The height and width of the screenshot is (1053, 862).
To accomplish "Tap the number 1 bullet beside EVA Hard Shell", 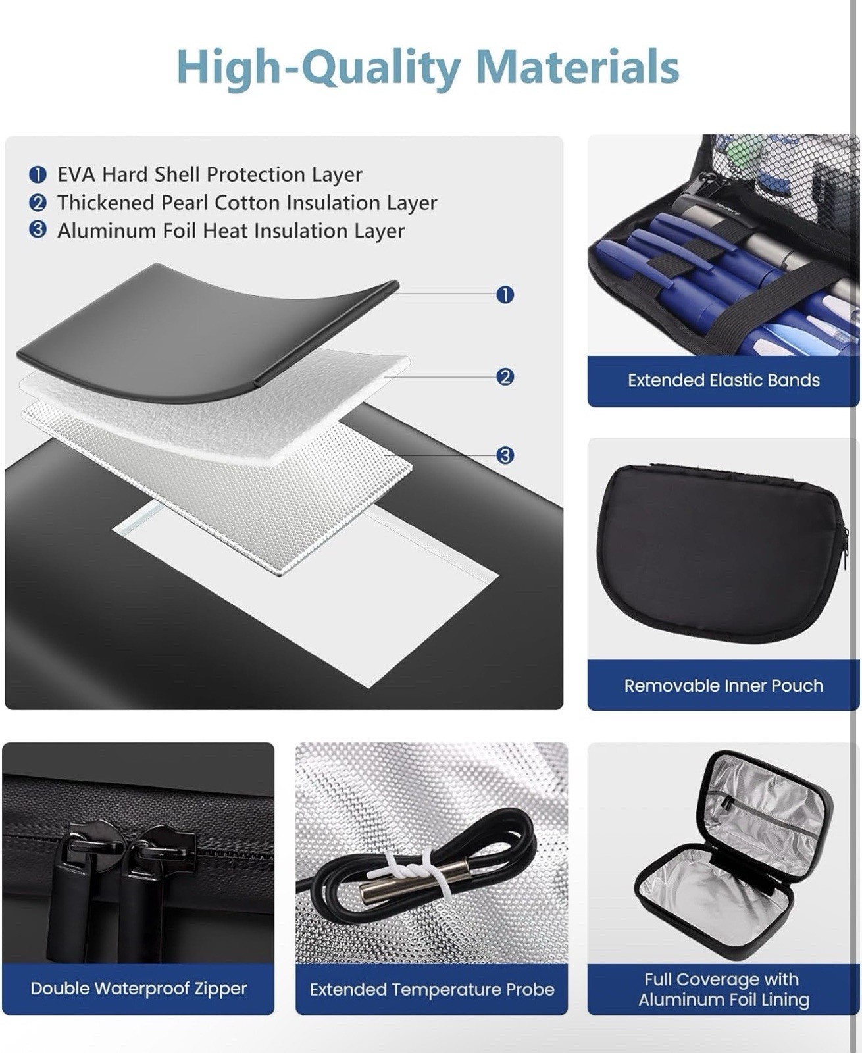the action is pos(38,175).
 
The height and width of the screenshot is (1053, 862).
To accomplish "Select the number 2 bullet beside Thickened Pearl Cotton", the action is pos(38,203).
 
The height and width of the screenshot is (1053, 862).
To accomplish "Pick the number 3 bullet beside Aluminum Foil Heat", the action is pos(38,230).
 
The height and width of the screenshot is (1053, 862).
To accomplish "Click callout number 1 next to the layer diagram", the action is pos(505,295).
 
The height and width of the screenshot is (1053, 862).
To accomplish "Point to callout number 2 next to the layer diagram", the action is pos(505,376).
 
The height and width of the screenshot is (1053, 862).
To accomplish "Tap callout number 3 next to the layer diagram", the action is pos(505,455).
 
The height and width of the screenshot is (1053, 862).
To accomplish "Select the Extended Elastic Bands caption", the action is pos(724,380).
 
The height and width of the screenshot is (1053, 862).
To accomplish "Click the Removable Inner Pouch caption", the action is pos(724,686).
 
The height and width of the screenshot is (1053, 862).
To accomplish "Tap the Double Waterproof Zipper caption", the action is pos(139,988).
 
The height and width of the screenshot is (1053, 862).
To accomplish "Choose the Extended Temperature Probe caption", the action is pos(432,989).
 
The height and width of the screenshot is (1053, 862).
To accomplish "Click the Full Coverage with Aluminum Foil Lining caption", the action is pos(724,989).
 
